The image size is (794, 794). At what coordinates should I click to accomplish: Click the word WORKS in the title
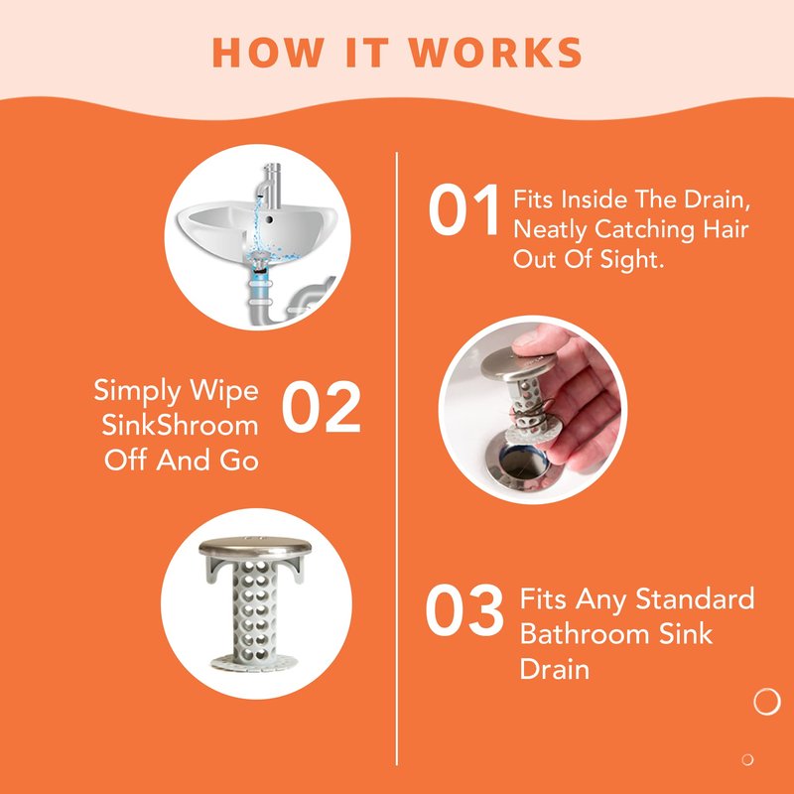point(495,52)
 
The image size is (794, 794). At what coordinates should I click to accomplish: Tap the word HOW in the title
point(268,52)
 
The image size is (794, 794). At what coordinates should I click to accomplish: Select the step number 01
point(463,210)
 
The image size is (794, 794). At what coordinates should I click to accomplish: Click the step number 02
point(321,407)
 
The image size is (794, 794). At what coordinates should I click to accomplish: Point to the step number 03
point(464,610)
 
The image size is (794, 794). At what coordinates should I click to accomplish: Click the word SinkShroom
point(180,426)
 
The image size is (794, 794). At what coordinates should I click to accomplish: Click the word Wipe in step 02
point(224,392)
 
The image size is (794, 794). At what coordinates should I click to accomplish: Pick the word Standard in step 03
point(695,599)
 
